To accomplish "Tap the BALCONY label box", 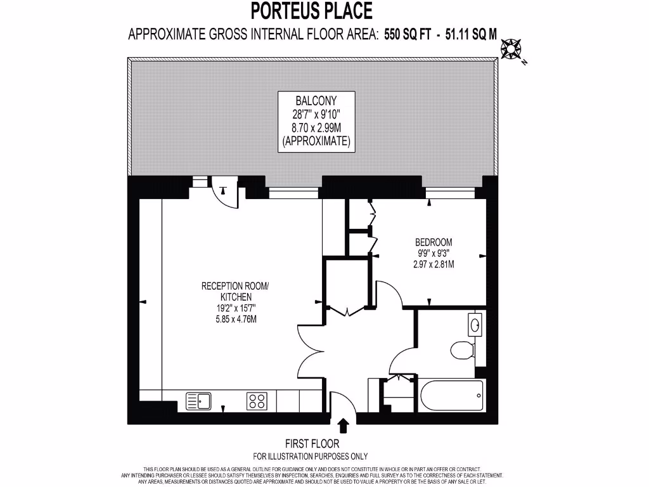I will tap(316, 121).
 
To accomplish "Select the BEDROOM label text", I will tap(434, 242).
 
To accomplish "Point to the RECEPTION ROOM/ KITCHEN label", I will tap(235, 292).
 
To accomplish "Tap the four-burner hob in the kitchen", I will tap(257, 401).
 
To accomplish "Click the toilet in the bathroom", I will tap(461, 349).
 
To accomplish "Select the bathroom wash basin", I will tap(475, 326).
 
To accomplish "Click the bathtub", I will tap(451, 396).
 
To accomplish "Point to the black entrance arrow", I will tap(344, 425).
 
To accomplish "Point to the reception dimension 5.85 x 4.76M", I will tap(235, 319).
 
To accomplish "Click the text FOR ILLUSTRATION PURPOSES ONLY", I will tap(310, 456).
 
